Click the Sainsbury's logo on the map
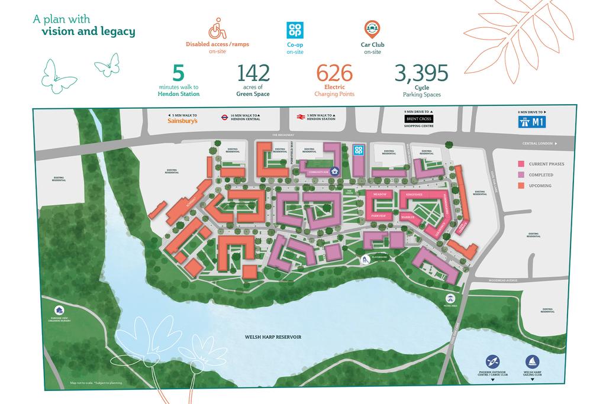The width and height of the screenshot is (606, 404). tap(180, 121)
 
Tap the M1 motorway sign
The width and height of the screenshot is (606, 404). tap(531, 122)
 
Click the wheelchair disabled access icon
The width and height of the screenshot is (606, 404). tap(217, 30)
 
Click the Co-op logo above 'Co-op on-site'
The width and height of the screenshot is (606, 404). tap(295, 30)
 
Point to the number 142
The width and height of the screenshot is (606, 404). tap(253, 73)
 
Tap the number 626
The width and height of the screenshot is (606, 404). tap(335, 73)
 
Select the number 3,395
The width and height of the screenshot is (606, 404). tap(421, 73)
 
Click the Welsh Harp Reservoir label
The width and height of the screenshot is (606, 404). tap(273, 337)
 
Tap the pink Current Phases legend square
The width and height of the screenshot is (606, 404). tap(522, 164)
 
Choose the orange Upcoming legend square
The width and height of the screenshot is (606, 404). tap(522, 186)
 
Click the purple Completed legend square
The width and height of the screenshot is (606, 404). tap(522, 174)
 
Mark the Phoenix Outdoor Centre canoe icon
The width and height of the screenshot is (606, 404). tap(491, 361)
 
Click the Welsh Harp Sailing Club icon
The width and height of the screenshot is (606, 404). tap(532, 361)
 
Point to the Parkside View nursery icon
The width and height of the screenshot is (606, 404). tap(59, 310)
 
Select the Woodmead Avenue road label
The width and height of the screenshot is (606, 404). tap(504, 280)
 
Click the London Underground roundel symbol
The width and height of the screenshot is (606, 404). tap(225, 118)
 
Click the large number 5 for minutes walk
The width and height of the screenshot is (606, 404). tap(178, 73)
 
